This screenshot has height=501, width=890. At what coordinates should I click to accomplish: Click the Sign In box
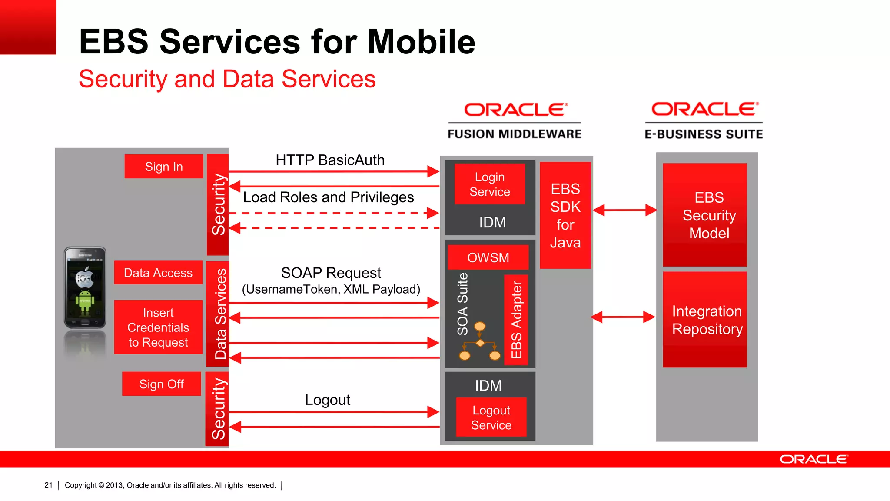click(164, 167)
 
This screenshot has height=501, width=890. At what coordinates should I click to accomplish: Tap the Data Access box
click(158, 273)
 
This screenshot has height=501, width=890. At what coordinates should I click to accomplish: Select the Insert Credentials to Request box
click(158, 327)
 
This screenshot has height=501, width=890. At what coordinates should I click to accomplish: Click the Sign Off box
click(162, 384)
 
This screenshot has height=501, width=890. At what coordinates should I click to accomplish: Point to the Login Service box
click(490, 184)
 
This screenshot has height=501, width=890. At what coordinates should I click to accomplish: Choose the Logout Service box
click(491, 417)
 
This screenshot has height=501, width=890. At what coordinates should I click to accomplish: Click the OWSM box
click(488, 257)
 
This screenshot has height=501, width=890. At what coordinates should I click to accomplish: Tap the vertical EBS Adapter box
click(516, 320)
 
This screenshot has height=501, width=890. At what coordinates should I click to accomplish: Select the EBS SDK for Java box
click(565, 215)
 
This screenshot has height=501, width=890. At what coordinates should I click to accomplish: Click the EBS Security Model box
click(705, 215)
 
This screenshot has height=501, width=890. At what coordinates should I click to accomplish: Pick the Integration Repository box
click(705, 320)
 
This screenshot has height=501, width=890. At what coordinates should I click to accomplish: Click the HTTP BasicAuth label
click(330, 160)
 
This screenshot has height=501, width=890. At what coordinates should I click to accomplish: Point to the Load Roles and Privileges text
click(328, 197)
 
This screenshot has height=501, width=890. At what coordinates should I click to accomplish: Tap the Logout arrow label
click(327, 400)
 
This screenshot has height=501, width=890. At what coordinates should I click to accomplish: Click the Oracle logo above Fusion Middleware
click(515, 110)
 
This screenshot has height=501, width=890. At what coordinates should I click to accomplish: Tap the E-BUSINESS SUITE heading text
click(704, 134)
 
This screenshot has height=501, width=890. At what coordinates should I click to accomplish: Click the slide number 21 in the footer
click(48, 485)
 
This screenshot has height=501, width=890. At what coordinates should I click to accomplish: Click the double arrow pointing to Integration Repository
click(623, 317)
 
